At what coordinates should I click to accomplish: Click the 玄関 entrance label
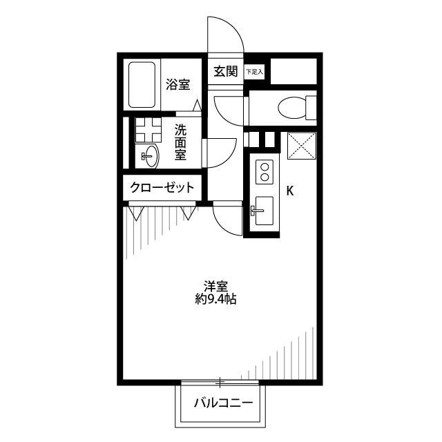click(x=226, y=71)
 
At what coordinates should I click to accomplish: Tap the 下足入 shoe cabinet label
click(x=254, y=72)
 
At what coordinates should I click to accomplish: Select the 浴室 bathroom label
click(x=178, y=84)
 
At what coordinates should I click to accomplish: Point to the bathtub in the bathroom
click(x=142, y=84)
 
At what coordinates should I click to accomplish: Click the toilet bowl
click(x=292, y=108)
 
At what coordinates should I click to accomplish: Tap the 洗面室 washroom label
click(x=180, y=142)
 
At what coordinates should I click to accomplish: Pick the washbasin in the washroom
click(x=150, y=156)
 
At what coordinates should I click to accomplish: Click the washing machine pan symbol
click(x=148, y=130)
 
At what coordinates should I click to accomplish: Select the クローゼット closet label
click(x=162, y=187)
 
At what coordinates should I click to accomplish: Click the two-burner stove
click(x=265, y=172)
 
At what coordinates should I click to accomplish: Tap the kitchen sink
click(x=264, y=211)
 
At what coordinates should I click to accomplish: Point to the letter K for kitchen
click(x=290, y=191)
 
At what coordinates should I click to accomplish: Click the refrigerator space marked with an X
click(x=302, y=146)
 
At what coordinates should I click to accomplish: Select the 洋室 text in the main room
click(x=216, y=287)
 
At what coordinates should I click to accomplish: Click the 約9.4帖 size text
click(x=215, y=299)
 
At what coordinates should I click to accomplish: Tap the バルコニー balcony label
click(x=223, y=403)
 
